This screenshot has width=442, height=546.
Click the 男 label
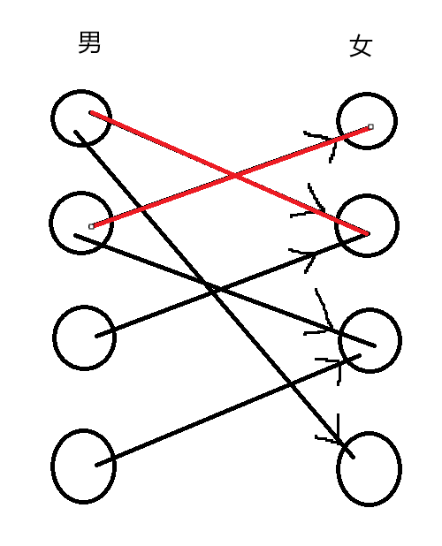click(x=89, y=42)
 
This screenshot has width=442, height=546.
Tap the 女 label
click(x=361, y=45)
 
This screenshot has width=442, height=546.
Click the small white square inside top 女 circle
click(x=370, y=126)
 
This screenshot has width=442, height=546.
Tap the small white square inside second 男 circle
click(x=91, y=227)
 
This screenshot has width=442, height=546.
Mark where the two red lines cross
click(x=235, y=176)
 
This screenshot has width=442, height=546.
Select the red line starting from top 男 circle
click(x=229, y=172)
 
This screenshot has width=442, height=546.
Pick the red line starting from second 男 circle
click(x=231, y=177)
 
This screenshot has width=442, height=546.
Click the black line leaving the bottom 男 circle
click(x=228, y=411)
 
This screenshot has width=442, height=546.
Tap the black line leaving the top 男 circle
click(x=214, y=294)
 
